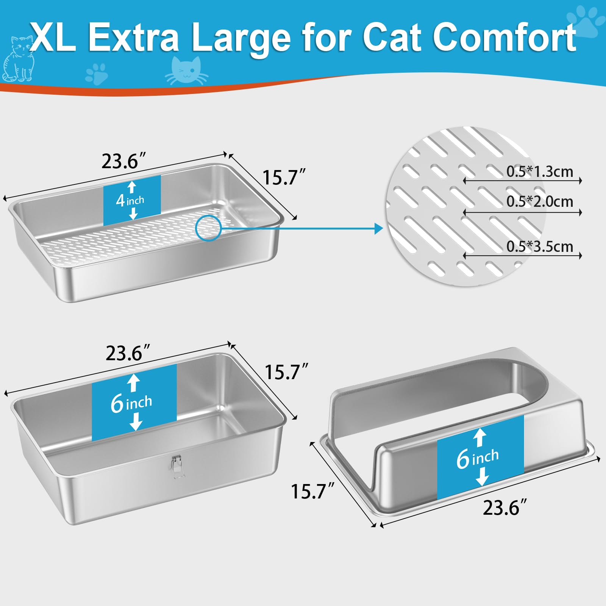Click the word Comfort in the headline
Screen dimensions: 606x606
504,37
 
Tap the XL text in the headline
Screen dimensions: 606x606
53,37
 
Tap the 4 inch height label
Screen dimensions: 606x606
130,200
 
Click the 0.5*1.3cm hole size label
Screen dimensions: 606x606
540,172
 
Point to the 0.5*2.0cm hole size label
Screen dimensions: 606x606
540,201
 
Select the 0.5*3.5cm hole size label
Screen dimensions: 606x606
540,247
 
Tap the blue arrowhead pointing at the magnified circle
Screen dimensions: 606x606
378,228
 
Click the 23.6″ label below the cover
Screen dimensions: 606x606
505,508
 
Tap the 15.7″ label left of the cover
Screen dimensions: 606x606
312,491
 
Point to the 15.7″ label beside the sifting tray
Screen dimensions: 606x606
284,177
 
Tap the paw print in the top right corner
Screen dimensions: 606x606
585,21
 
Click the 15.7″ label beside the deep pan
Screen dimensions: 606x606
286,372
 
